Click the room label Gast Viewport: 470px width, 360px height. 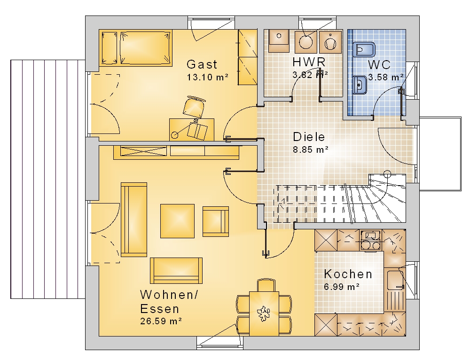(202, 64)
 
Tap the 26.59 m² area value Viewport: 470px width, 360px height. (161, 321)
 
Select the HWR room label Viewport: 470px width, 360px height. (309, 62)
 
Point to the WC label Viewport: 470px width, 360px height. (379, 65)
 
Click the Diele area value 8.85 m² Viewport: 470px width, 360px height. (311, 149)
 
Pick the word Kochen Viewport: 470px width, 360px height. (348, 274)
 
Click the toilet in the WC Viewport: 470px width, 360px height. (364, 49)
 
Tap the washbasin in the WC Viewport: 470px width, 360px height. (360, 85)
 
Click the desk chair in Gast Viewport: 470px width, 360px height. (194, 106)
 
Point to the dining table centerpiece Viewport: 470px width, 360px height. (264, 313)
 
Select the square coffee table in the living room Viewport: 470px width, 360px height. (178, 221)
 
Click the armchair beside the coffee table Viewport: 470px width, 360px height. (216, 221)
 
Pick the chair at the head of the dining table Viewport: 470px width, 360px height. (266, 285)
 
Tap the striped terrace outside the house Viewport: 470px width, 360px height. (48, 179)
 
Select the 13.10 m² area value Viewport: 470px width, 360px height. (207, 77)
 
